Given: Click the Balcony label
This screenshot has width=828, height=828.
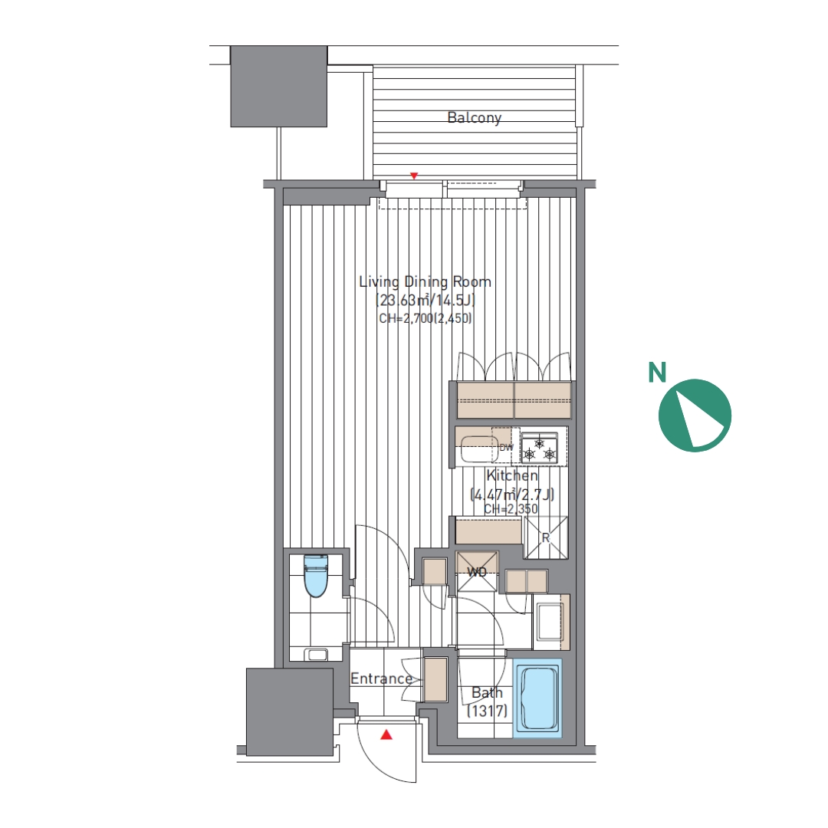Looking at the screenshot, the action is [475, 117].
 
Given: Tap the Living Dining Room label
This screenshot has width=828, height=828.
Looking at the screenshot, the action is [425, 281].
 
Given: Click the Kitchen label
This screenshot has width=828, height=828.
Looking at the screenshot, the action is [512, 475].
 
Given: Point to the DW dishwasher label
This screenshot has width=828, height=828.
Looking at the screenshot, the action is [506, 447].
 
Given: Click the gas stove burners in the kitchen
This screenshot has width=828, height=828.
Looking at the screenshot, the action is [540, 448].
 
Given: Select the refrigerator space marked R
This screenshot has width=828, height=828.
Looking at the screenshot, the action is [546, 537].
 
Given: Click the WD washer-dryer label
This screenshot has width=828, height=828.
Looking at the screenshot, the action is [477, 571].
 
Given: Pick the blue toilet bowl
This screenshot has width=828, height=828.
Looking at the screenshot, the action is [317, 575].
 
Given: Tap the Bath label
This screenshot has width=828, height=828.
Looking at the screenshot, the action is [487, 692].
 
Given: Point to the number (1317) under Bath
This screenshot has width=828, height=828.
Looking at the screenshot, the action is [487, 711].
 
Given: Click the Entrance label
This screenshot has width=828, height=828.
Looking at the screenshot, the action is [381, 678].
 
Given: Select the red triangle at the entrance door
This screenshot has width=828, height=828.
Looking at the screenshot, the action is [386, 734].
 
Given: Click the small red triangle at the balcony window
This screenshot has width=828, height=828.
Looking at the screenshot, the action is [415, 176].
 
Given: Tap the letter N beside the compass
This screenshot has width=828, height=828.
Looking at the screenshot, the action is [657, 373].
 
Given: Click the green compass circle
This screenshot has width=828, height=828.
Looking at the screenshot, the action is [695, 415].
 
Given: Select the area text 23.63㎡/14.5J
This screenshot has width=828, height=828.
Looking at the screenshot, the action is [425, 301].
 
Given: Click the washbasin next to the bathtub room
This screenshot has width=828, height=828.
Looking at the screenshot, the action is [550, 622].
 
